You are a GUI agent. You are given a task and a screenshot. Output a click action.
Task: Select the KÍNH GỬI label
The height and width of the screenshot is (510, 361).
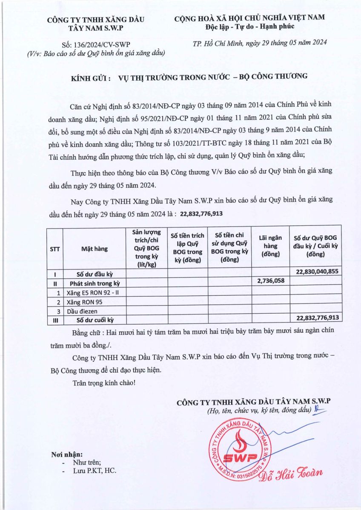91,76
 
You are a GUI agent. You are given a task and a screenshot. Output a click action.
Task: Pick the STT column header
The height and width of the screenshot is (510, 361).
55,249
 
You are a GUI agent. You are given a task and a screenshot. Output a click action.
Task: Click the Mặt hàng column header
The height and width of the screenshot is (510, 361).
94,249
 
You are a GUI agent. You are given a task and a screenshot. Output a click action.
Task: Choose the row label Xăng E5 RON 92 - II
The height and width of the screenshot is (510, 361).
91,293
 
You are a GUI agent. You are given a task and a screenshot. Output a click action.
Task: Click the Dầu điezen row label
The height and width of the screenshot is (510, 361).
80,311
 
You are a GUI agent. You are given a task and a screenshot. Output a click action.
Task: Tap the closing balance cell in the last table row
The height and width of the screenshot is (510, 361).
315,317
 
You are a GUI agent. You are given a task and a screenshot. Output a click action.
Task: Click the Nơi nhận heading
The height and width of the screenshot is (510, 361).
67,454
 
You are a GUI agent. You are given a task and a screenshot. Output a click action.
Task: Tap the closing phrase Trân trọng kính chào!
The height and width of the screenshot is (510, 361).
104,383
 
